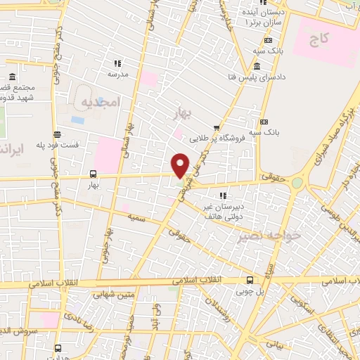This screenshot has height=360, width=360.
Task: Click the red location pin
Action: click(181, 165)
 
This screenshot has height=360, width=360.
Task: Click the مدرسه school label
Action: click(118, 73)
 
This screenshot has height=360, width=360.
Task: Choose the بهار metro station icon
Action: click(94, 173)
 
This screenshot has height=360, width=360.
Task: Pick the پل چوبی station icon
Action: click(250, 280)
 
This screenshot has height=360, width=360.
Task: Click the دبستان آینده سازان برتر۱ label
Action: click(260, 18)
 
